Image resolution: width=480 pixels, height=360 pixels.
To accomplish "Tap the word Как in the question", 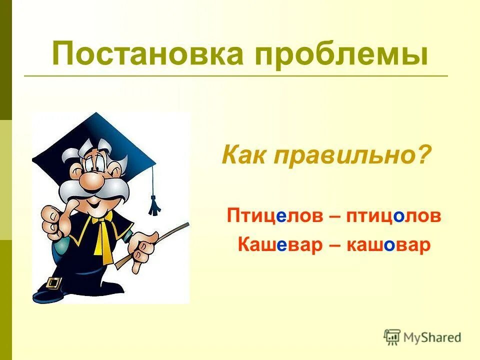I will [243, 156].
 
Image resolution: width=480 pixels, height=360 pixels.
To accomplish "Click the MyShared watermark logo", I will [422, 337].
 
